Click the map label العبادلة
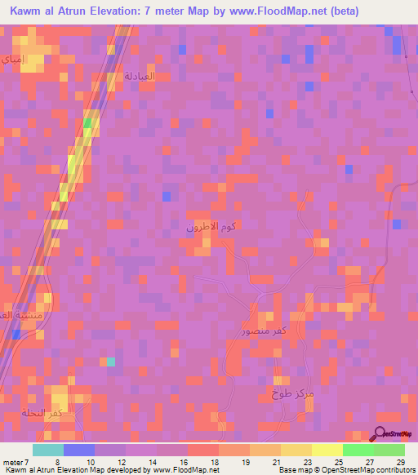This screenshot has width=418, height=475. click(139, 75)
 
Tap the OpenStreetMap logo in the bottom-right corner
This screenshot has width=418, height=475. click(394, 433)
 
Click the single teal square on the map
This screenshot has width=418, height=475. click(111, 362)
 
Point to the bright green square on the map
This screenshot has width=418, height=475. click(87, 123)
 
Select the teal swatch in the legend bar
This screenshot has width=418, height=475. click(47, 450)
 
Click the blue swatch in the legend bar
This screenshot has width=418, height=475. click(78, 450)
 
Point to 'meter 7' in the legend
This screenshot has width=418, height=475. click(16, 462)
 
